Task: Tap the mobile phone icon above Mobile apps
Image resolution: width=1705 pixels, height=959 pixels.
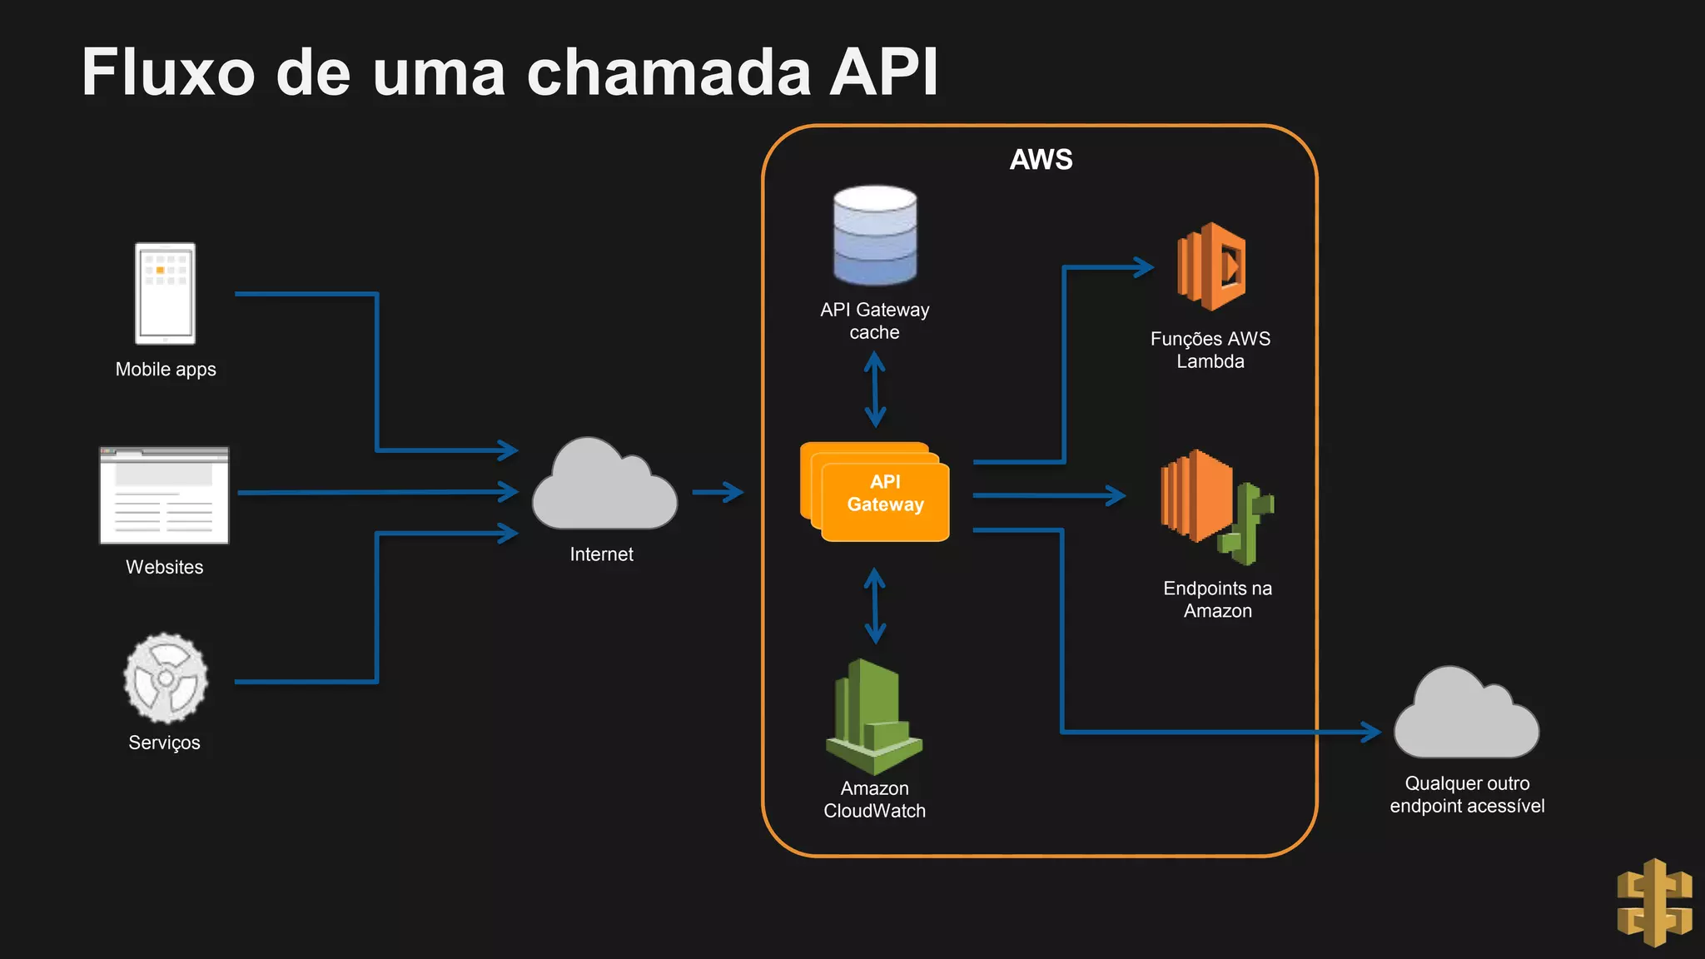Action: coord(166,293)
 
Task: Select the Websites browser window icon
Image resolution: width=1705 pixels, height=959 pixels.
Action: coord(164,495)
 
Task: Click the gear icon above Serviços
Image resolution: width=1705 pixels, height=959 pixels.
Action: coord(166,678)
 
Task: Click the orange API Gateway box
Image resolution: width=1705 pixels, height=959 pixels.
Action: coord(884,494)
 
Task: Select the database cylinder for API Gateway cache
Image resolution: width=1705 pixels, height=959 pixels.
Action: coord(875,236)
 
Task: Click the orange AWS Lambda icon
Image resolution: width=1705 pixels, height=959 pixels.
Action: coord(1211,266)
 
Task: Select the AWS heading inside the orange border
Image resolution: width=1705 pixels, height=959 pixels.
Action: coord(1041,159)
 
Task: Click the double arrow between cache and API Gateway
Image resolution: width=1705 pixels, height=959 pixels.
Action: coord(874,389)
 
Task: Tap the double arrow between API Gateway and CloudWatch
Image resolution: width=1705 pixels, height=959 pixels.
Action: coord(874,606)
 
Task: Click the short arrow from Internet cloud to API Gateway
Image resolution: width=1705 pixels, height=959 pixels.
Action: coord(718,492)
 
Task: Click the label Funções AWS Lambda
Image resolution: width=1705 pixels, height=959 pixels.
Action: coord(1210,350)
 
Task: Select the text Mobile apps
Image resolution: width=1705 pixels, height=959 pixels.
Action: coord(166,370)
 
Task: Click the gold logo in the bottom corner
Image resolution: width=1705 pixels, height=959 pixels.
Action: coord(1654,903)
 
